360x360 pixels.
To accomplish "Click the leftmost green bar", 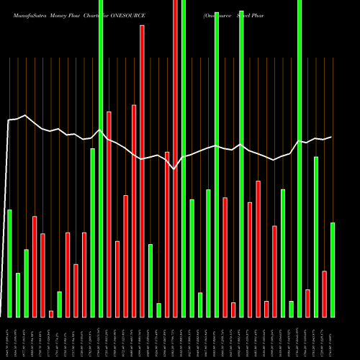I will [x=9, y=263].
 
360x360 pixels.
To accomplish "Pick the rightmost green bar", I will [x=333, y=269].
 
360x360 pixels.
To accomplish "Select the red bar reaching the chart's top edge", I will [x=175, y=158].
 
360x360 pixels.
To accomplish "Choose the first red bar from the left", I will [x=35, y=266].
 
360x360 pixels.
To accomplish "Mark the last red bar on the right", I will [x=324, y=294].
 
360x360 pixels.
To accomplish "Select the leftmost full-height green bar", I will [x=101, y=158].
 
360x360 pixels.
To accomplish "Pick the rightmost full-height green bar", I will [x=300, y=158].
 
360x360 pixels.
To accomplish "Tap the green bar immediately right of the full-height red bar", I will [x=184, y=158].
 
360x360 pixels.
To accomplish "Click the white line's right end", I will [x=332, y=137].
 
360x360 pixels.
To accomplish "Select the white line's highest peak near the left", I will [x=25, y=114].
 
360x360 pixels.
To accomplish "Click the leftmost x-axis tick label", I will [x=9, y=338].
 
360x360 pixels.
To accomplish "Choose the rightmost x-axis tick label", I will [x=333, y=338].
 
